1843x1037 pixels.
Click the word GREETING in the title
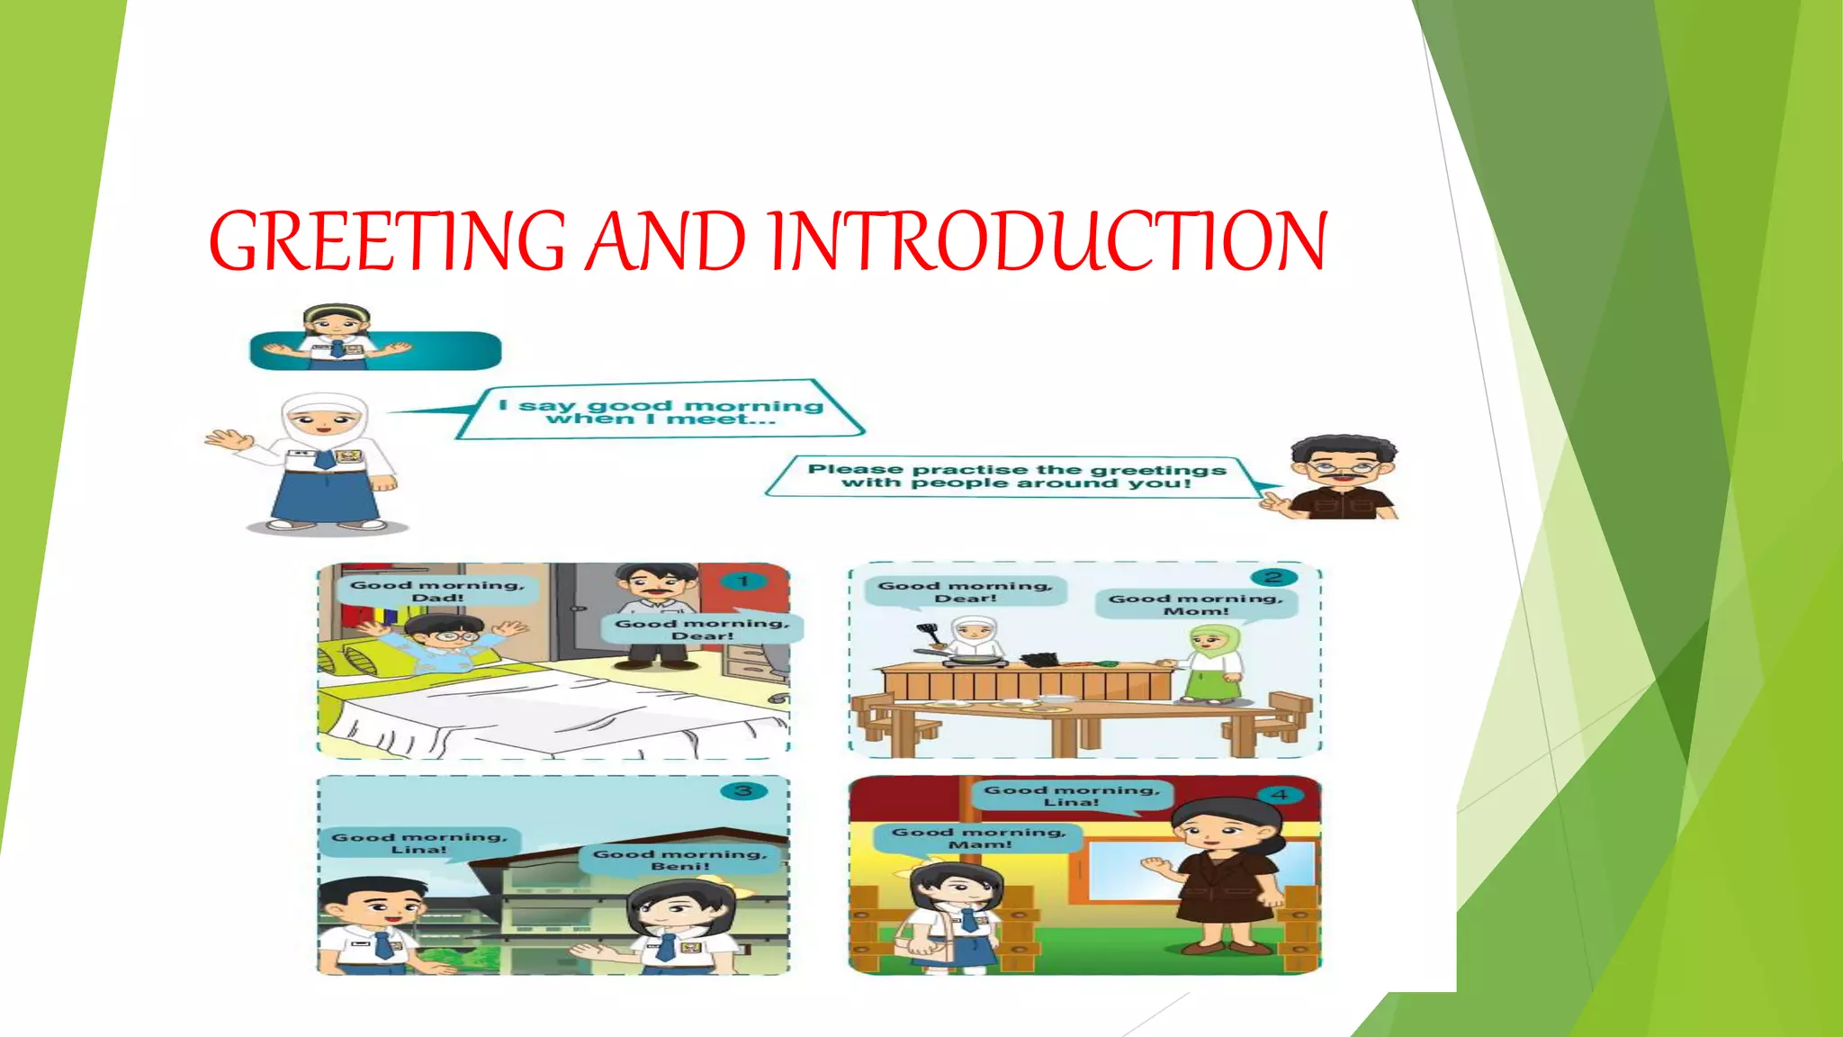pyautogui.click(x=387, y=241)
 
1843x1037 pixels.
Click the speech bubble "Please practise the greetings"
pyautogui.click(x=1017, y=475)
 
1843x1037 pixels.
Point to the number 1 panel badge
pyautogui.click(x=743, y=582)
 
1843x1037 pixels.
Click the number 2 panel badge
pyautogui.click(x=1272, y=577)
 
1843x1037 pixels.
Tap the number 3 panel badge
pyautogui.click(x=743, y=791)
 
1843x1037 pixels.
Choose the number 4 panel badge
pyautogui.click(x=1280, y=795)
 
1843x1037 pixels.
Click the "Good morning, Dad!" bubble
pyautogui.click(x=437, y=591)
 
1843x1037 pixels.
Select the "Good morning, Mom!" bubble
pyautogui.click(x=1196, y=604)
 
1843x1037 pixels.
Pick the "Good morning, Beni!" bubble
pyautogui.click(x=680, y=860)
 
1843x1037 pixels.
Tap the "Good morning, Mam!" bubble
pyautogui.click(x=979, y=838)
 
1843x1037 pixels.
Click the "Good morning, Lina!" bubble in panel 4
pyautogui.click(x=1071, y=796)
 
